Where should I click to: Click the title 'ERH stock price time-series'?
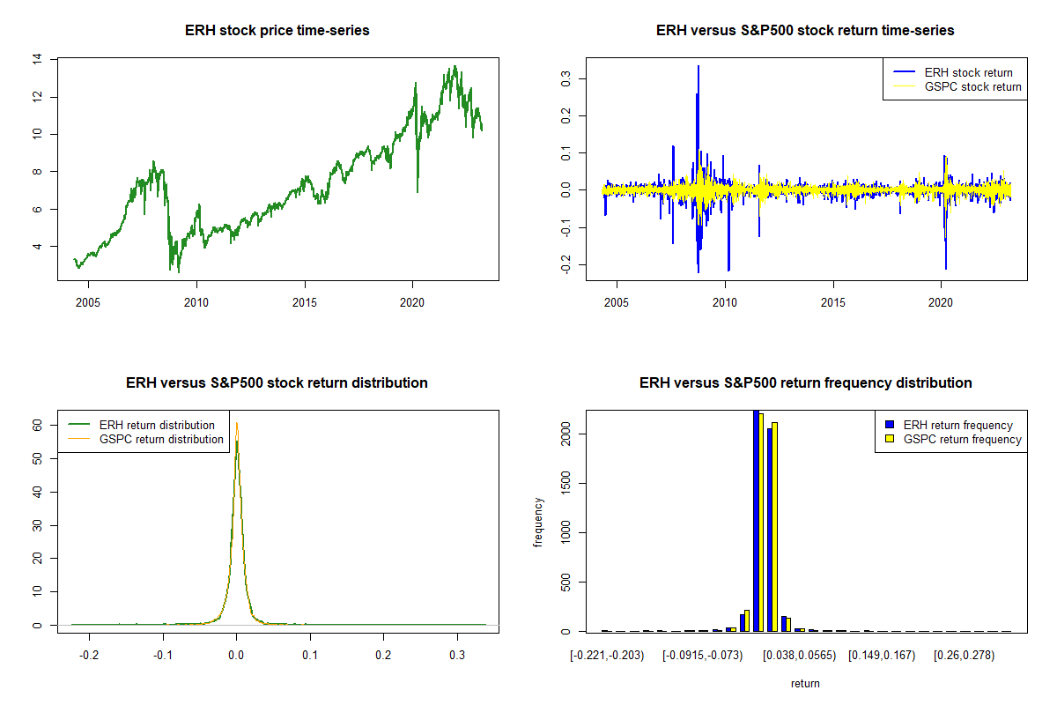coord(277,31)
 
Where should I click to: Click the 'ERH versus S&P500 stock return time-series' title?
coord(805,31)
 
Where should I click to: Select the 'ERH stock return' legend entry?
coord(968,72)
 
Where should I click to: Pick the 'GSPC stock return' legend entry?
coord(972,86)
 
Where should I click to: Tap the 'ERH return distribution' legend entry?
coord(157,425)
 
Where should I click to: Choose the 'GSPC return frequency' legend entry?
coord(963,439)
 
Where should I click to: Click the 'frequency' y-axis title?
coord(538,523)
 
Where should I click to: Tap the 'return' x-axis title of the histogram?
coord(805,683)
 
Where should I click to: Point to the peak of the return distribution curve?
coord(236,424)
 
